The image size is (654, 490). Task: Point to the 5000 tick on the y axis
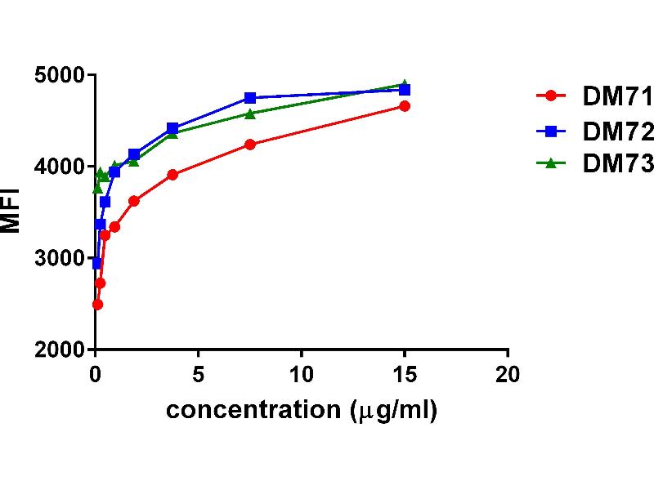click(x=60, y=75)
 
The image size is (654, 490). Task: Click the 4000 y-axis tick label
click(x=60, y=167)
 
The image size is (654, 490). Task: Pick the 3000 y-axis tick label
click(x=60, y=258)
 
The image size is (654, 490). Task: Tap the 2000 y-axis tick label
click(x=60, y=350)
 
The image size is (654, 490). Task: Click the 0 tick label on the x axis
click(x=96, y=373)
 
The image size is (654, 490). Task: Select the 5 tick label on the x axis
click(x=199, y=373)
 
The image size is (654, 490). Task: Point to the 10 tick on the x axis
click(x=302, y=373)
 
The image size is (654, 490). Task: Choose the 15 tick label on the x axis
click(x=405, y=373)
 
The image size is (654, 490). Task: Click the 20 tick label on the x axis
click(x=508, y=373)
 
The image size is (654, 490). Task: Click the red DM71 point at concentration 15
click(x=405, y=106)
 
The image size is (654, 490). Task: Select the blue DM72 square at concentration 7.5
click(x=250, y=98)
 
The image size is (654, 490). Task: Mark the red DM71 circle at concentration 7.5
click(x=250, y=145)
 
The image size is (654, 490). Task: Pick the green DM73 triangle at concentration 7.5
click(x=250, y=114)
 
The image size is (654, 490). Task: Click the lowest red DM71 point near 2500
click(x=97, y=304)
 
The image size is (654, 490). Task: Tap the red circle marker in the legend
click(x=551, y=96)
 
